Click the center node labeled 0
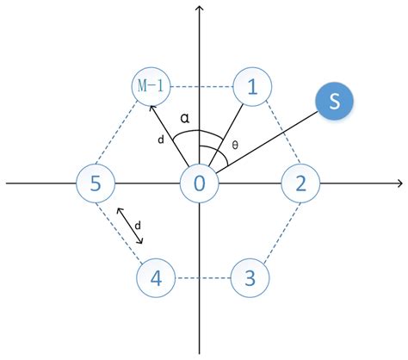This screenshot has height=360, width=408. pyautogui.click(x=200, y=183)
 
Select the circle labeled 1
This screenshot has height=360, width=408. pyautogui.click(x=252, y=86)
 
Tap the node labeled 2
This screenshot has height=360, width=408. pyautogui.click(x=300, y=183)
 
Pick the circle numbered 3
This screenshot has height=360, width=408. pyautogui.click(x=250, y=278)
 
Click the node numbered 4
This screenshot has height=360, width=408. pyautogui.click(x=156, y=278)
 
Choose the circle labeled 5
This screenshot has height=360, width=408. pyautogui.click(x=95, y=183)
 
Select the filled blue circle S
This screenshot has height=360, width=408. pyautogui.click(x=334, y=102)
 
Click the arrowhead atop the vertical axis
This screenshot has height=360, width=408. pyautogui.click(x=200, y=9)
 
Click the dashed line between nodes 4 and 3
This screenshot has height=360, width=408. pyautogui.click(x=202, y=278)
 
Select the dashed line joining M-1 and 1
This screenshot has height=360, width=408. pyautogui.click(x=202, y=86)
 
